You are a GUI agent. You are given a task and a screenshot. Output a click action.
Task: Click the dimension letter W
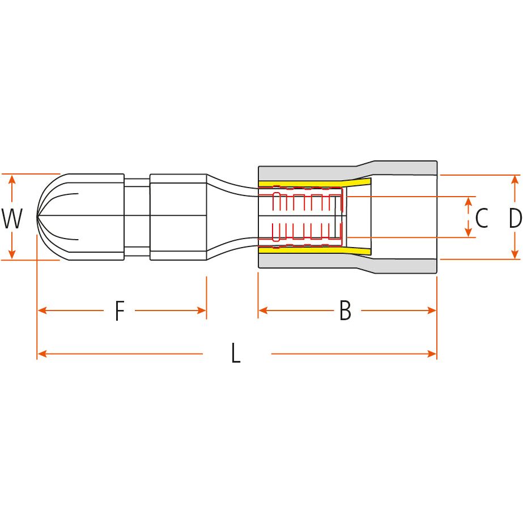click(x=12, y=219)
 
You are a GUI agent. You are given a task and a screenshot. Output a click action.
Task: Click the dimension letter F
click(x=119, y=311)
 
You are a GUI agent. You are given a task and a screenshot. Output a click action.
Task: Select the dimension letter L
click(x=236, y=354)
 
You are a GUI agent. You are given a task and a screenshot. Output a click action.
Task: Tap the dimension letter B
click(x=345, y=311)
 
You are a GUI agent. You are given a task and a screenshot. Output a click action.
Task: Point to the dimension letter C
click(x=482, y=218)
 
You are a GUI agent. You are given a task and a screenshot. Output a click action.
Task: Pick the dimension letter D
click(x=515, y=218)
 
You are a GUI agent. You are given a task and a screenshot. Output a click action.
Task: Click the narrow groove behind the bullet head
click(x=137, y=216)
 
